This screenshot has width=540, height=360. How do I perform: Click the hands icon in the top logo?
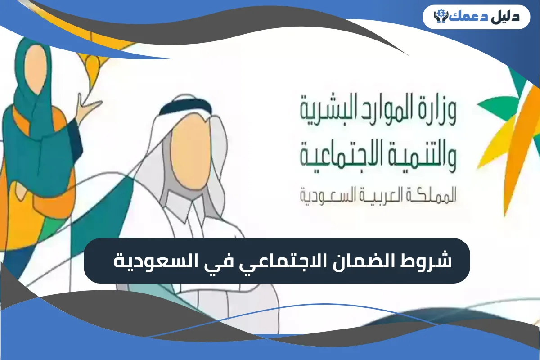click(440, 16)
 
